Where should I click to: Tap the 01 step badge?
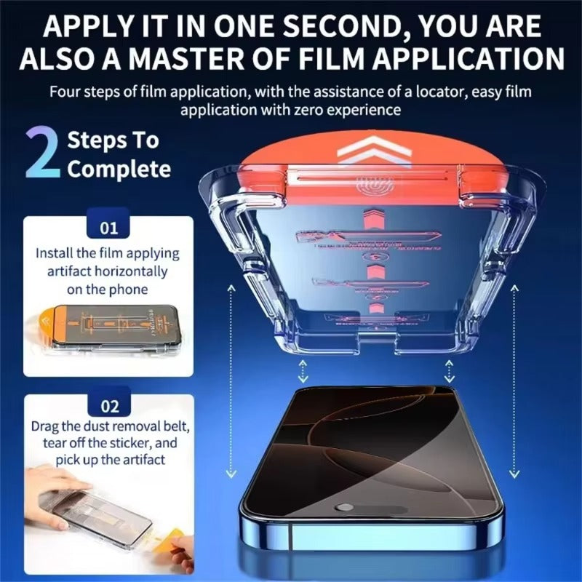[x=108, y=228]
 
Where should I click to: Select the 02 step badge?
[x=108, y=406]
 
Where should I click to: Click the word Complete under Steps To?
[x=119, y=170]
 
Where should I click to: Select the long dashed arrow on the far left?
[x=231, y=378]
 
